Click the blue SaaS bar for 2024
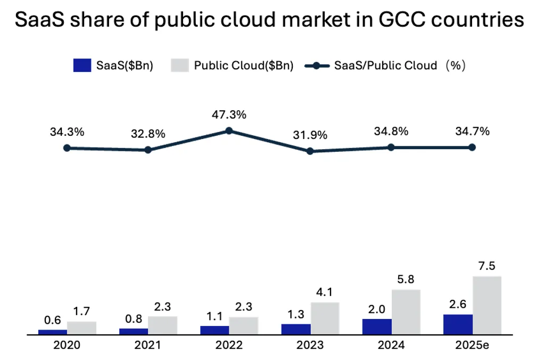(377, 326)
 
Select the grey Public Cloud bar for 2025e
(487, 305)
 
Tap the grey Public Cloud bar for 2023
(325, 318)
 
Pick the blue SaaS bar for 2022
(215, 330)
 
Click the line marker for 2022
(229, 131)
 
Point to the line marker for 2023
(310, 151)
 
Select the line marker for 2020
(67, 148)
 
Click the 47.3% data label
(229, 115)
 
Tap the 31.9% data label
(310, 135)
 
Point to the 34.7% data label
(473, 132)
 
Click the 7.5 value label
(487, 266)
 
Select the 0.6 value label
(52, 320)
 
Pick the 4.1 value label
(324, 292)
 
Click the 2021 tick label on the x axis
(147, 345)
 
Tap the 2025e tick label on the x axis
(472, 345)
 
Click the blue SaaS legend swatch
(82, 66)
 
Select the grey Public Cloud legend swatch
(180, 66)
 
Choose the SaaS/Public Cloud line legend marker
(317, 66)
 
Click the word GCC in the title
(402, 19)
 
